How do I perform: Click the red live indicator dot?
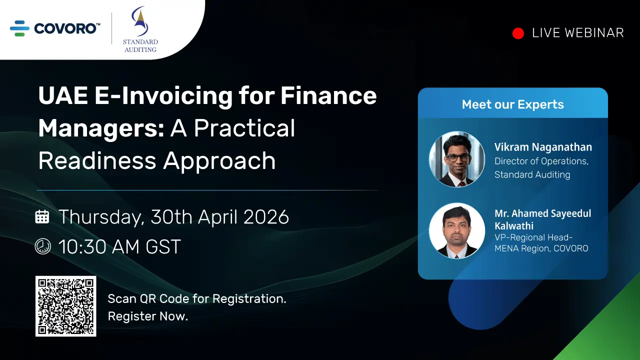coord(518,33)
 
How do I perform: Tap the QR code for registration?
coord(65,306)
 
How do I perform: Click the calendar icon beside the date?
coord(42,216)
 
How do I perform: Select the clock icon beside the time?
coord(43,246)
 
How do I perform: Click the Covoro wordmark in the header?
coord(67,28)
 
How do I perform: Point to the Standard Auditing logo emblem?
coord(139,21)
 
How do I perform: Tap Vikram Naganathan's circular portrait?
coord(457,159)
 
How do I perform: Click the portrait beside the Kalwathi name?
coord(457,231)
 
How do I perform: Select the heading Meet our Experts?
coord(513,104)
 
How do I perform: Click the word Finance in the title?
coord(328,95)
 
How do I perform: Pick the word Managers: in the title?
coord(101,129)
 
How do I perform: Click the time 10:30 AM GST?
coord(119,246)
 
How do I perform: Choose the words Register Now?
coord(148,316)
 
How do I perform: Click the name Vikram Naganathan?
coord(543,147)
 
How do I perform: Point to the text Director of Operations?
coord(541,161)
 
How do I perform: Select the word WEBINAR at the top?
coord(594,33)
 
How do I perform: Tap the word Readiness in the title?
coord(97,160)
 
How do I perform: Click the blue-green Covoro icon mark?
coord(19,28)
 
